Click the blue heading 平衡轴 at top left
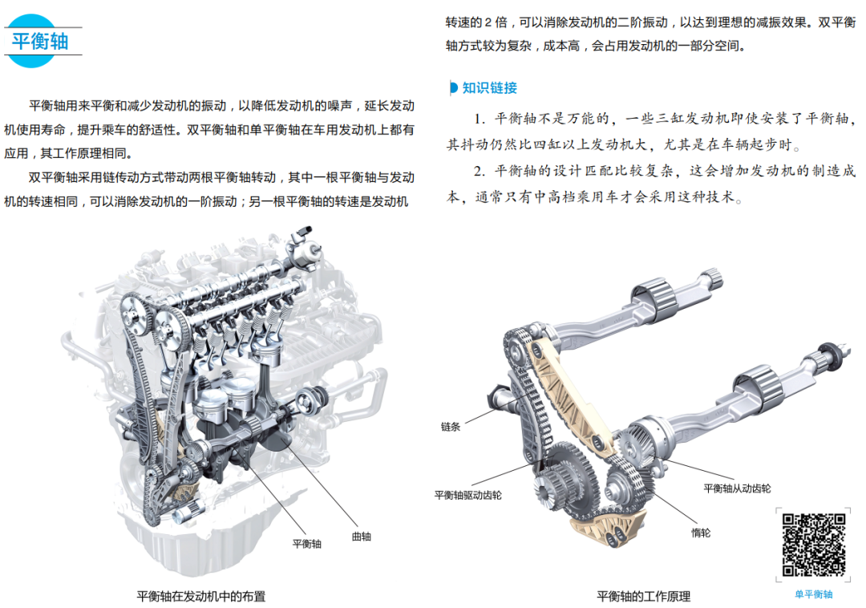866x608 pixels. (40, 42)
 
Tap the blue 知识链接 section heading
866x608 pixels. (489, 87)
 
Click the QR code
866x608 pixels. (814, 545)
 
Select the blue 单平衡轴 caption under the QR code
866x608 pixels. (813, 594)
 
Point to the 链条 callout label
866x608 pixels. (450, 426)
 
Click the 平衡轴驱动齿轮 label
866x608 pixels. (467, 495)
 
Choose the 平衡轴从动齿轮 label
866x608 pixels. (737, 488)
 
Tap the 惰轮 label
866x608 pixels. (700, 533)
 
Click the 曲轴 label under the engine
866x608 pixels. (361, 536)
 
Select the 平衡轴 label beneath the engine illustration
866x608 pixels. (306, 544)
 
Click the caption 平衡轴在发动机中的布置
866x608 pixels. (201, 597)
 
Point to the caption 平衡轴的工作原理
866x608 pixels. (643, 597)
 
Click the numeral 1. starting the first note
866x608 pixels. (480, 119)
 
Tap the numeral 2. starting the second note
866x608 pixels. (480, 171)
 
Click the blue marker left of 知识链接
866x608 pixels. (453, 87)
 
